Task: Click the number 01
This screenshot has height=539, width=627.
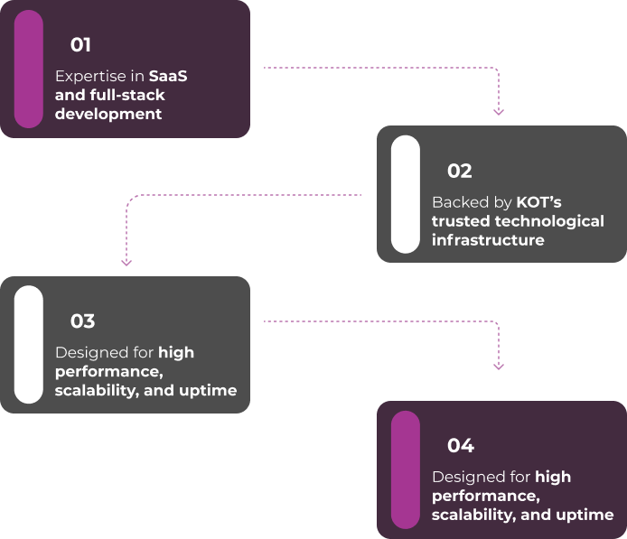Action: click(80, 45)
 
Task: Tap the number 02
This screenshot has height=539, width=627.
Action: click(459, 172)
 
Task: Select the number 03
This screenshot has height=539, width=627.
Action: click(82, 321)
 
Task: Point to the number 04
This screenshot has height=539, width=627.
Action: click(460, 446)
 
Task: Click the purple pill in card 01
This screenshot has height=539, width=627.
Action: click(29, 69)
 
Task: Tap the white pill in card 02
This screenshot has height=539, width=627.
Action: click(406, 194)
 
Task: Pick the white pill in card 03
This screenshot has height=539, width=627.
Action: click(29, 344)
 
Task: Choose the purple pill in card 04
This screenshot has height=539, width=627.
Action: click(406, 469)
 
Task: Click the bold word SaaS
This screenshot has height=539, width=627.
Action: click(168, 77)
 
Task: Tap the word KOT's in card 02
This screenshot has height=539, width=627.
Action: click(538, 202)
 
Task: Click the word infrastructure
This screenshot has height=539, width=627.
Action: click(488, 240)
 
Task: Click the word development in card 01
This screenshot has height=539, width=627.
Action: click(108, 115)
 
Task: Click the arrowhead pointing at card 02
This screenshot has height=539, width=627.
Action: click(499, 111)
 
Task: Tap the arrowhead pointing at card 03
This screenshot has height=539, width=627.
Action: click(126, 262)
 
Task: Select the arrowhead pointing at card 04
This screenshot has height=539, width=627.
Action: click(499, 366)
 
